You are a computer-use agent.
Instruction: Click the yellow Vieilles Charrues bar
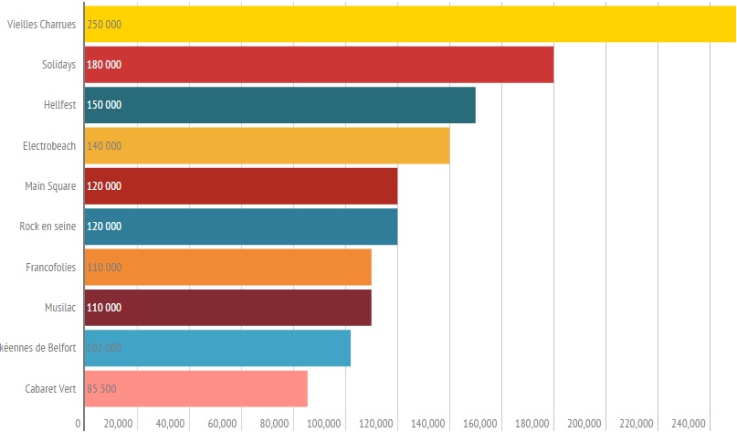(410, 24)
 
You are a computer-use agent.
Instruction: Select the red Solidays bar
(319, 64)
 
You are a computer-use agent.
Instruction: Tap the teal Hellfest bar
(279, 105)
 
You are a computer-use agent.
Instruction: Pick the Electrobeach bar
(267, 145)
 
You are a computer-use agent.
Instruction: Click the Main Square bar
(240, 186)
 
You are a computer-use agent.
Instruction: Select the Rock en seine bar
(240, 227)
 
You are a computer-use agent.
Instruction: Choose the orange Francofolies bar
(227, 267)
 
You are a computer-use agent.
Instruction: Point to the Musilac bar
(227, 307)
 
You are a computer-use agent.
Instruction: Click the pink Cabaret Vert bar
(195, 388)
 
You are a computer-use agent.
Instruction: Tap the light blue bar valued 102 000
(217, 348)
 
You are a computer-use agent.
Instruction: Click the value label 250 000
(104, 25)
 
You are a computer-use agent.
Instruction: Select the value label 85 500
(101, 389)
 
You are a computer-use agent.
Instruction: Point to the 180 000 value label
(104, 65)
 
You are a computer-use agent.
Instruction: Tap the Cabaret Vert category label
(50, 389)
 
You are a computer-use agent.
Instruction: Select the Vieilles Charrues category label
(41, 25)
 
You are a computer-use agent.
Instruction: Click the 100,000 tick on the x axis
(326, 423)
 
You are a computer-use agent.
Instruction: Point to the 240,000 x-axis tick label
(689, 423)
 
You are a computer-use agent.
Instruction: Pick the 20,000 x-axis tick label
(119, 423)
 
